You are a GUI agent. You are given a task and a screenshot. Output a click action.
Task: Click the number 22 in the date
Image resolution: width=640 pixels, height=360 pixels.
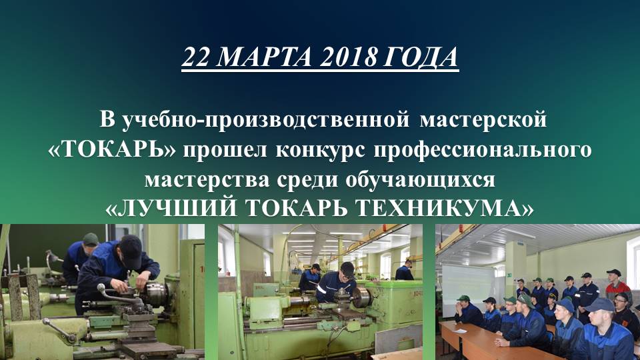tap(197, 58)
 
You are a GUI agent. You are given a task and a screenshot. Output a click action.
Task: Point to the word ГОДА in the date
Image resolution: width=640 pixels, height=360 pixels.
tap(421, 58)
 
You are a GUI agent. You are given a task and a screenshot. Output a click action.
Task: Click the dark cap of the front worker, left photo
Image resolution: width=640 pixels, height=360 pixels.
tap(131, 247)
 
